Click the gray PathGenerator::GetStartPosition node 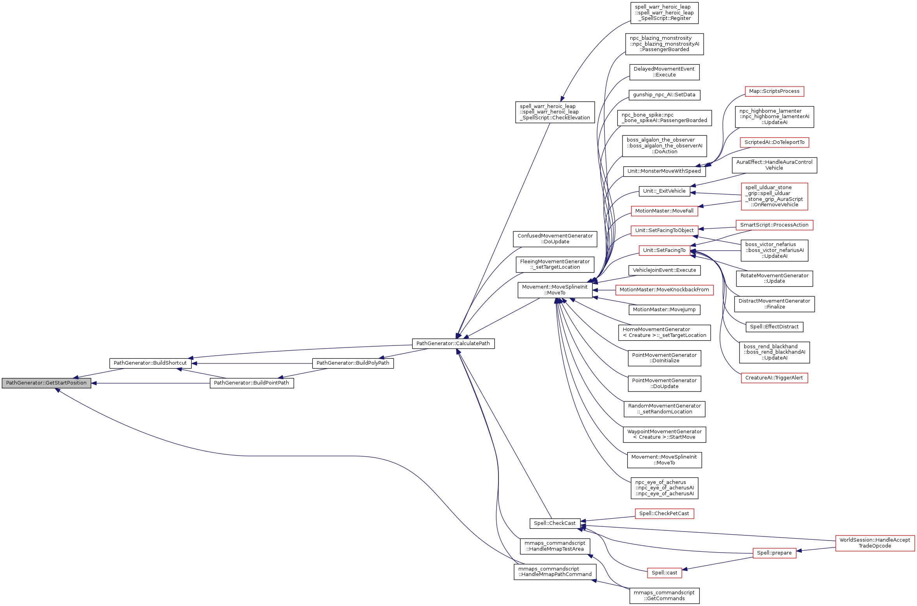46,383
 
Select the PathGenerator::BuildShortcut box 150,363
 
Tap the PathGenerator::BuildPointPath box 252,383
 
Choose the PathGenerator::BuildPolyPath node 353,363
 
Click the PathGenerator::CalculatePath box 453,344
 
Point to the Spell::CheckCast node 554,523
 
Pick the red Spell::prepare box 774,553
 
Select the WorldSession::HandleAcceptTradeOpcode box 874,543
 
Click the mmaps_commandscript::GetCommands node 664,595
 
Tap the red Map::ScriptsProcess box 774,91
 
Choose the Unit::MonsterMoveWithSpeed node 664,171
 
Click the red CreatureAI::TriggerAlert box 774,378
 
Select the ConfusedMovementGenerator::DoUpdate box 555,239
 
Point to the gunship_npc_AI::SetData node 664,95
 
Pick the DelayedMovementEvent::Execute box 664,72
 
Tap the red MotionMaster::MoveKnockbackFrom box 664,290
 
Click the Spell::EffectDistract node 774,327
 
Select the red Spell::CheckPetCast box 664,514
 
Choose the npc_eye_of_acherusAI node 664,488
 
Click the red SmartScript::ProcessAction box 774,225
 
